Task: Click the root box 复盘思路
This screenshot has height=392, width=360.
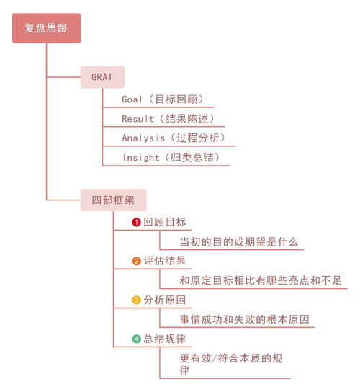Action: coord(46,29)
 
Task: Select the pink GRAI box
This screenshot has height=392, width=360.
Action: coord(102,77)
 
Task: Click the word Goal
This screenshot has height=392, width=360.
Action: coord(132,99)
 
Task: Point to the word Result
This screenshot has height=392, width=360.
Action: coord(138,118)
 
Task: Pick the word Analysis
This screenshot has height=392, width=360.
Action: coord(143,138)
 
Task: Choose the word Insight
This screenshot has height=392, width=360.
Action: coord(140,157)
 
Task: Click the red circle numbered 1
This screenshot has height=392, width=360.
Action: coord(136,223)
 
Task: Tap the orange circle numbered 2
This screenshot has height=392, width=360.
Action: coord(136,261)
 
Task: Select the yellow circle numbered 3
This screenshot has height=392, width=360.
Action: coord(136,300)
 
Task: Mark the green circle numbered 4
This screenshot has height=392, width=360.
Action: coord(136,339)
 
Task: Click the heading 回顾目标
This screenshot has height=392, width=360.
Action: coord(164,223)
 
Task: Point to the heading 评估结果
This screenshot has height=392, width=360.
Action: coord(164,261)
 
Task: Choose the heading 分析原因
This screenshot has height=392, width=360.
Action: coord(164,300)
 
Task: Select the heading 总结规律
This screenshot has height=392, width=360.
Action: coord(164,339)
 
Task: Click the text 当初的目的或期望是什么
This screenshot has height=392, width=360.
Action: coord(238,242)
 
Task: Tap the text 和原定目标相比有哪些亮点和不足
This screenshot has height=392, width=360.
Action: coord(261,280)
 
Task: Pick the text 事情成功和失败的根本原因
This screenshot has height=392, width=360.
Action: coord(247,319)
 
